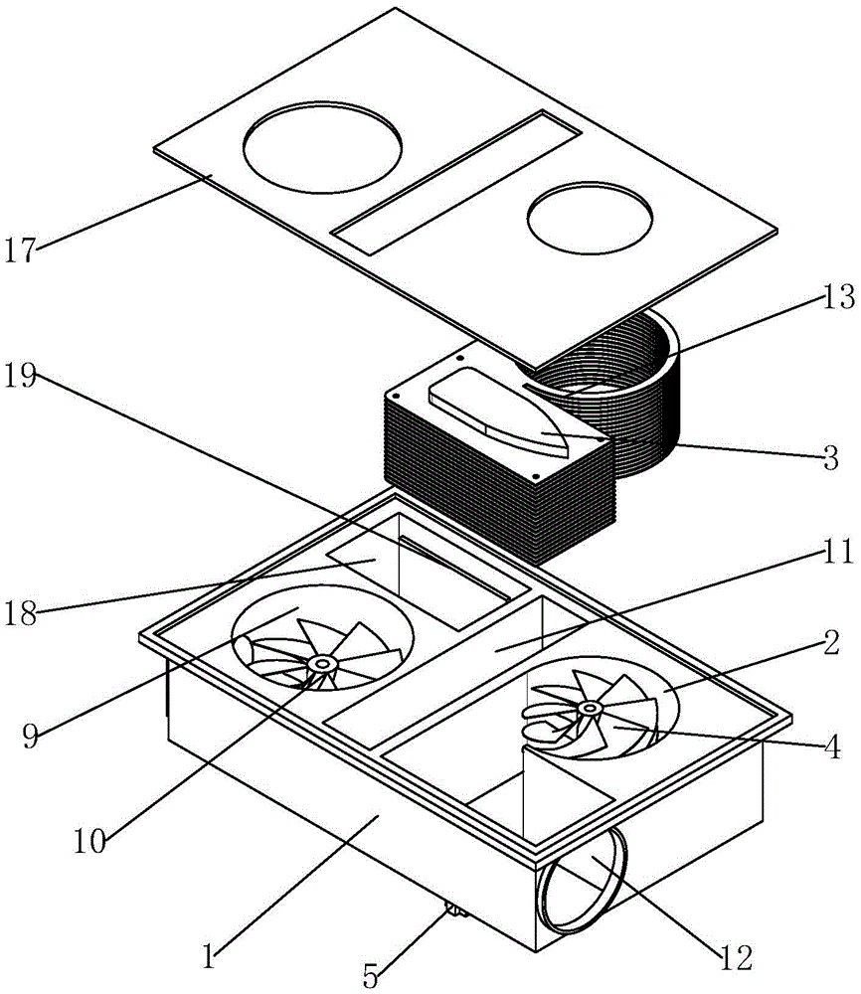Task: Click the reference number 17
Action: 21,249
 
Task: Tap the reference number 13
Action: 838,296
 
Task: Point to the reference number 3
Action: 830,457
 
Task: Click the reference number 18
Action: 21,613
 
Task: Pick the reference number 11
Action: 838,552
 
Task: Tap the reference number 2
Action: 831,642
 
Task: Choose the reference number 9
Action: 30,736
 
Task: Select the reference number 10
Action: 89,841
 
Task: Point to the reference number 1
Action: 209,955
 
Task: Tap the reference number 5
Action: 371,975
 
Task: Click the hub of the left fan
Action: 323,664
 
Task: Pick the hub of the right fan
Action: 591,708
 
